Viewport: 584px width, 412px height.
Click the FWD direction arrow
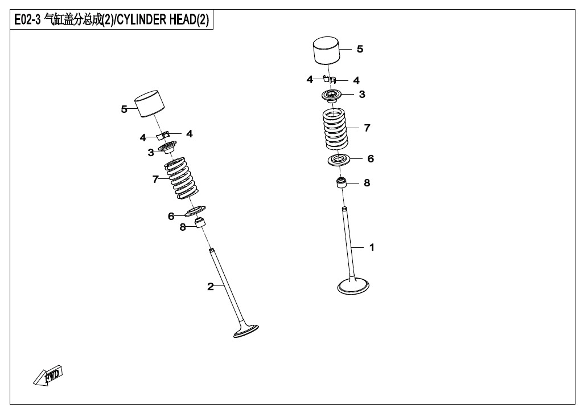click(x=48, y=376)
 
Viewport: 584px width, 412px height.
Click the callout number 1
click(x=372, y=247)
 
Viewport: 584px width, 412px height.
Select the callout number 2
click(x=210, y=286)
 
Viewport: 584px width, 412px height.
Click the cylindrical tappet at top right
click(x=328, y=52)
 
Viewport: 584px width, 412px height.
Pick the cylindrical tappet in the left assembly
click(x=149, y=104)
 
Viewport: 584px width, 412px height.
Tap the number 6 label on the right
click(x=371, y=158)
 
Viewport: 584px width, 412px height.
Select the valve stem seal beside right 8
click(x=342, y=183)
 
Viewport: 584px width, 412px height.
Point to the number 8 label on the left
click(x=182, y=227)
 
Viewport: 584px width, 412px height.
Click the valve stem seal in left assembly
click(x=200, y=222)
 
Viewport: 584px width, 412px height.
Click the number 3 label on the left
click(x=151, y=152)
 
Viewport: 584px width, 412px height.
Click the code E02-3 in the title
click(x=26, y=21)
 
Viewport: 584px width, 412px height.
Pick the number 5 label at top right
click(x=360, y=49)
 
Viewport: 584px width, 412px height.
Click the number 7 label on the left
click(x=155, y=179)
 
